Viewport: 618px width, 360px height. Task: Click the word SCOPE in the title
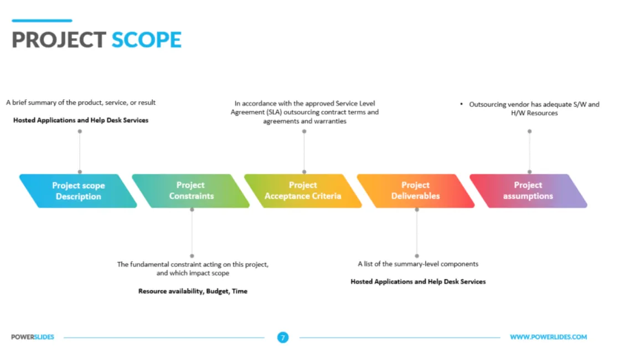[147, 40]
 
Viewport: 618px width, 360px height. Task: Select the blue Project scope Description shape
[78, 191]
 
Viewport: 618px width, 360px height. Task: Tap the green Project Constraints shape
[191, 191]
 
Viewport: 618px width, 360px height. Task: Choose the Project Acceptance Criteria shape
[303, 191]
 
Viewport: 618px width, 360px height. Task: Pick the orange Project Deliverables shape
[415, 191]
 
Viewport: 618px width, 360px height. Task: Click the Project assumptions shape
[528, 191]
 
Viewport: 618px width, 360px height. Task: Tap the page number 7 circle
[283, 337]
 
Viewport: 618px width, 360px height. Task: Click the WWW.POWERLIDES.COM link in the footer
[548, 337]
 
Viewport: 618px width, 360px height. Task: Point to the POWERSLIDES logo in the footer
[33, 337]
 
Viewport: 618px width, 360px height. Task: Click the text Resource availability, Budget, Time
[193, 291]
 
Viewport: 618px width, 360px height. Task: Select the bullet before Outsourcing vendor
[462, 104]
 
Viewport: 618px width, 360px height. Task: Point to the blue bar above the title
[42, 21]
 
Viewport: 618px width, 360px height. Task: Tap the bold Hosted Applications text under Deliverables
[418, 282]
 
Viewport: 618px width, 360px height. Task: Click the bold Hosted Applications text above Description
[81, 120]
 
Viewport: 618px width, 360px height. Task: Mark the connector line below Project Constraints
[192, 233]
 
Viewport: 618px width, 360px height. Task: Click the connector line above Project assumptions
[529, 152]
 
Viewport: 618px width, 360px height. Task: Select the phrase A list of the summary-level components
[418, 264]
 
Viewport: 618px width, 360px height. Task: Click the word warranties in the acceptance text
[328, 121]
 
